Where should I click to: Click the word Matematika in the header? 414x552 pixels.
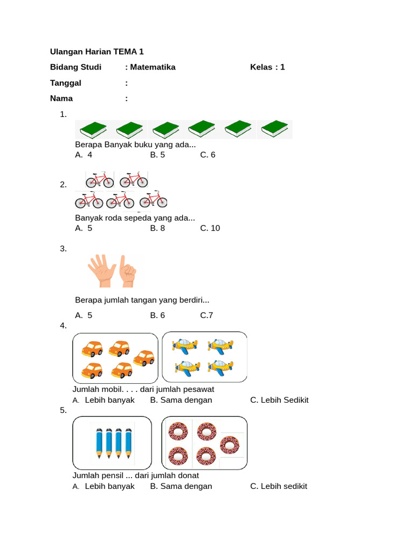click(x=153, y=67)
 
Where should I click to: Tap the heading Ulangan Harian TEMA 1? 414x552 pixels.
click(x=97, y=52)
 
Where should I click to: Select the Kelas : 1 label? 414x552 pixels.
click(x=267, y=67)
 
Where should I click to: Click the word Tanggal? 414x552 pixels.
click(x=65, y=83)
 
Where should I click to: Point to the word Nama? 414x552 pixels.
click(x=61, y=99)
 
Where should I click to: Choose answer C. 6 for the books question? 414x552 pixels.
click(x=208, y=155)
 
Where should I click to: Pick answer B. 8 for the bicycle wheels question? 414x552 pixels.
click(x=157, y=228)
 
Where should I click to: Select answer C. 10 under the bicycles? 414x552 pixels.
click(x=210, y=228)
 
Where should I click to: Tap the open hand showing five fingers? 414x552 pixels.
click(x=102, y=271)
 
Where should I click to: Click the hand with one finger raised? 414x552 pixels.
click(x=127, y=271)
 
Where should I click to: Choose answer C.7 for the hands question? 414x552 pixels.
click(x=206, y=315)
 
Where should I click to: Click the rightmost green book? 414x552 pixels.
click(x=274, y=128)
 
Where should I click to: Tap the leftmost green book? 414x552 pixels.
click(x=93, y=130)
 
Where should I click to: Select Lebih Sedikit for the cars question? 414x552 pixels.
click(x=280, y=401)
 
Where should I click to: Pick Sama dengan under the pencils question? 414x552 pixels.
click(x=181, y=487)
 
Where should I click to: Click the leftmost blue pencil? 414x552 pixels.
click(x=99, y=443)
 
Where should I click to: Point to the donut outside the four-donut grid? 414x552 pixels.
click(x=230, y=445)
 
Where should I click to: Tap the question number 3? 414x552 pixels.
click(x=64, y=249)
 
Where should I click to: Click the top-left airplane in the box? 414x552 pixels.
click(x=185, y=346)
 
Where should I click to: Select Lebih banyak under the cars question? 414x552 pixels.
click(x=103, y=401)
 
